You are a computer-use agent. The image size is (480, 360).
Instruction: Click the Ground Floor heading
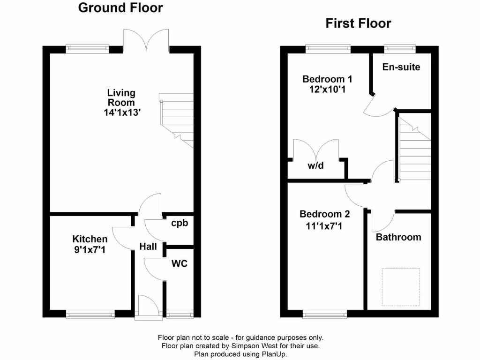point(120,8)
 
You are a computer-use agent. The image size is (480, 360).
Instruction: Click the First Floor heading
point(358,23)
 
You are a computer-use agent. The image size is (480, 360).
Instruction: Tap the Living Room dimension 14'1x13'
point(122,112)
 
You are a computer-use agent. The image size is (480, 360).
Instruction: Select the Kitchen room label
point(90,239)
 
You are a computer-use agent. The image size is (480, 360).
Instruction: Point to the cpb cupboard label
point(179,223)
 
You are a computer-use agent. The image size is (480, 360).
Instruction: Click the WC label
point(179,264)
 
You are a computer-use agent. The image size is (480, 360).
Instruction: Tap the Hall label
point(148,247)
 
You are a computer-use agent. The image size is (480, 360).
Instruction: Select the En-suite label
point(401,67)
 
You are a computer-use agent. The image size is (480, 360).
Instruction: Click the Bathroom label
point(398,237)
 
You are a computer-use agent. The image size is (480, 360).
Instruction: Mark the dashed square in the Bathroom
point(401,286)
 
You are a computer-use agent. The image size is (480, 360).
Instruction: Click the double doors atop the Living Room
point(146,40)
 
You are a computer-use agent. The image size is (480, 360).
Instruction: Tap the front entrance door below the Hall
point(147,308)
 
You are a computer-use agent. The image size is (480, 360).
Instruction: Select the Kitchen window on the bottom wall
point(90,315)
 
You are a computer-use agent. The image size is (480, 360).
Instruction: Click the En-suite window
point(400,47)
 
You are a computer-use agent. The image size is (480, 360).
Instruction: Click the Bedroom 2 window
point(325,315)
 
